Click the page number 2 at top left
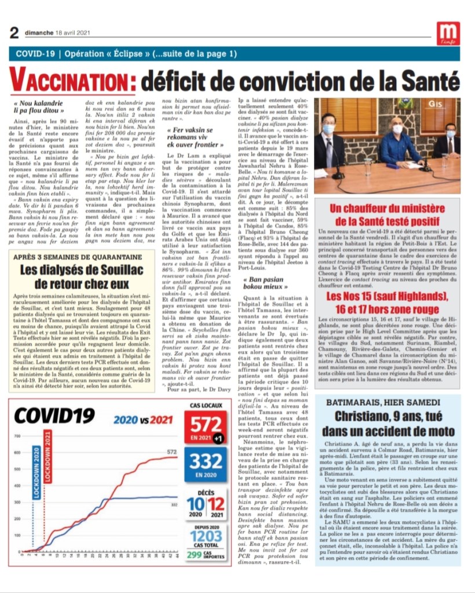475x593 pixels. pyautogui.click(x=14, y=32)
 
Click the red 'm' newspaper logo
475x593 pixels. pyautogui.click(x=449, y=32)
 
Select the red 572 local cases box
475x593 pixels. pyautogui.click(x=206, y=428)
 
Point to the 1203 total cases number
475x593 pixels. pyautogui.click(x=206, y=536)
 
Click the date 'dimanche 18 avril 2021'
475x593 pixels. pyautogui.click(x=56, y=32)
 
